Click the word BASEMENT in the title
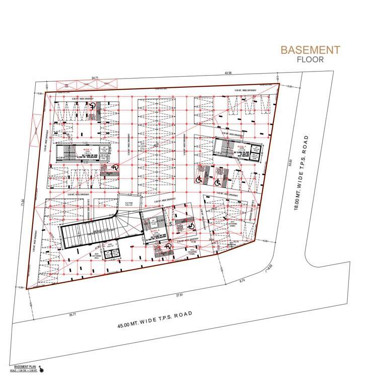coord(310,50)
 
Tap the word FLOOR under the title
coord(310,59)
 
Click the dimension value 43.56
coord(228,74)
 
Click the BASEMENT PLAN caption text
coord(24,366)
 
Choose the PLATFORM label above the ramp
coord(129,203)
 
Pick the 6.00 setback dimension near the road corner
coord(265,241)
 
